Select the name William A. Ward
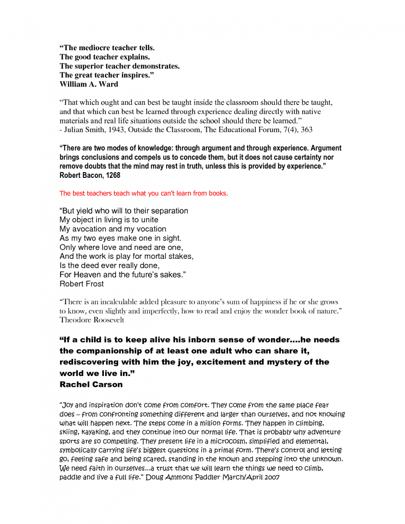coord(89,84)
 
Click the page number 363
coord(306,129)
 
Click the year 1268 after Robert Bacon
coord(112,175)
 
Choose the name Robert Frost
coord(82,284)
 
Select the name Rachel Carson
coord(91,384)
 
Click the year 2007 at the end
coord(271,477)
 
